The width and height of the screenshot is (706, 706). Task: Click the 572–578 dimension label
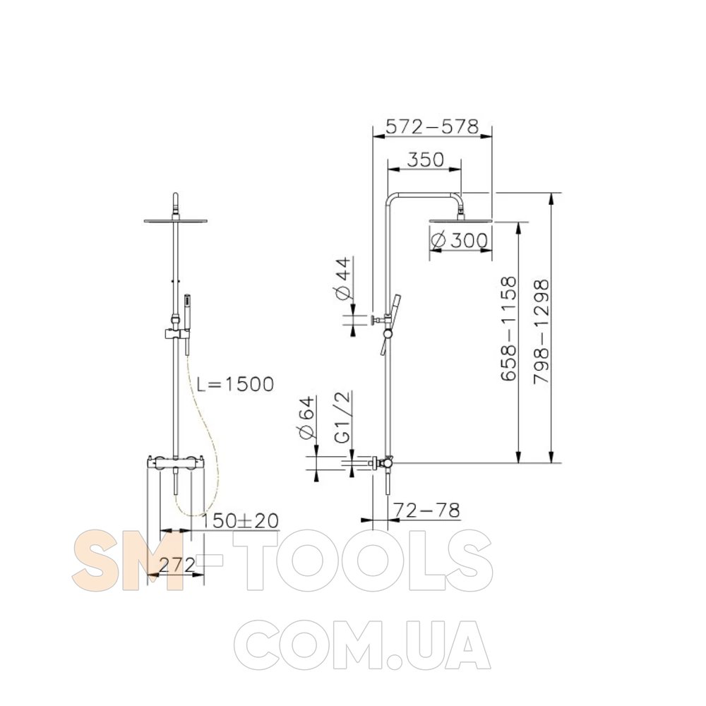point(432,127)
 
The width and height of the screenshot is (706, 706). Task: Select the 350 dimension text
point(426,159)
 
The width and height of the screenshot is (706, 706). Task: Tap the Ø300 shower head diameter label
point(459,241)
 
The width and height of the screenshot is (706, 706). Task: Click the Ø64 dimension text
point(306,417)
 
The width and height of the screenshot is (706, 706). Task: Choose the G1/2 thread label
point(343,417)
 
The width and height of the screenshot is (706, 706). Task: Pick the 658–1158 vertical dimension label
point(508,329)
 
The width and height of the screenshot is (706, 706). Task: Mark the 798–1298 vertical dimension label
point(541,332)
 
